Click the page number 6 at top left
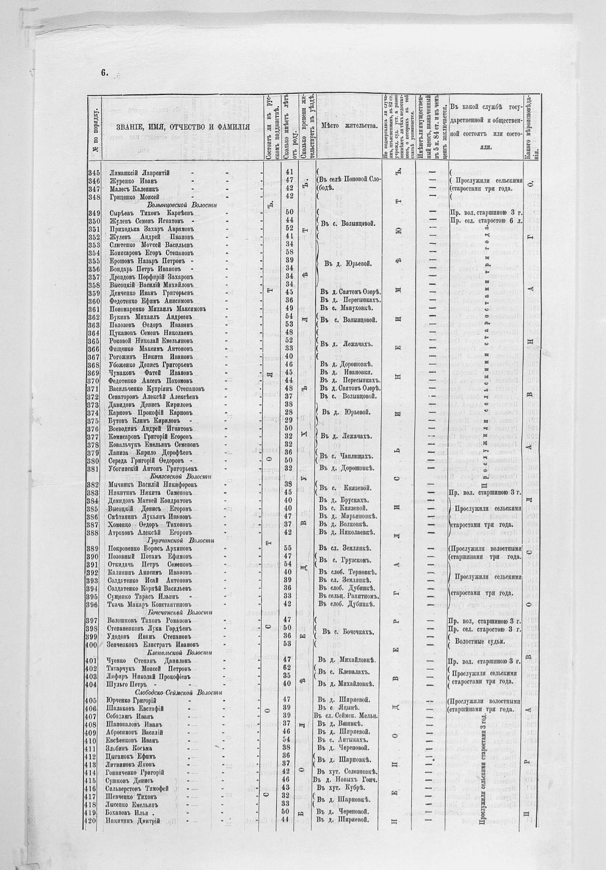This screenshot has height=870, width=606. tap(104, 73)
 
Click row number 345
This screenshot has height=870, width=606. tap(94, 172)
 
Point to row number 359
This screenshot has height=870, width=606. tap(94, 293)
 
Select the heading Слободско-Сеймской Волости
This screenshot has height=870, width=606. tap(179, 693)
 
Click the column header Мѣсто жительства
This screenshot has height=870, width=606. tap(348, 126)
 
